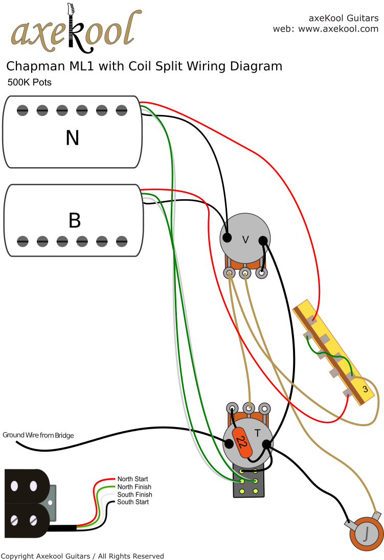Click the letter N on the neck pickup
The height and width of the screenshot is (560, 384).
pos(72,137)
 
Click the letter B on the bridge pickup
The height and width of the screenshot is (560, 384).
pos(75,220)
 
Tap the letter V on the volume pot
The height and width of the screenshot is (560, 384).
pos(245,238)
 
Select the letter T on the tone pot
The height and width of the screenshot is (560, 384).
pos(258,433)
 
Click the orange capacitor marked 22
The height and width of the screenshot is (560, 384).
pos(242,442)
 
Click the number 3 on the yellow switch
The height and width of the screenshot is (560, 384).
pos(365,389)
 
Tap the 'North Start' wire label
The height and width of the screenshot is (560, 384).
pos(132,479)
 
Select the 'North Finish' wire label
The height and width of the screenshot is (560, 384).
pos(134,487)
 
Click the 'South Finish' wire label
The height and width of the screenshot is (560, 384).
pos(134,495)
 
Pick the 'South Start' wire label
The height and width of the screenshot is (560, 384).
pos(133,502)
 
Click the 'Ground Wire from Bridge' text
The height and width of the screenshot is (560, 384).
pos(38,435)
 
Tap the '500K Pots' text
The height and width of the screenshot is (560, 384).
pos(29,82)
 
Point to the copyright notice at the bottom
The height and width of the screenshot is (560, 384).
pos(82,555)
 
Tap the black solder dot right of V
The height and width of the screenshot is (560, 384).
pos(263,240)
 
